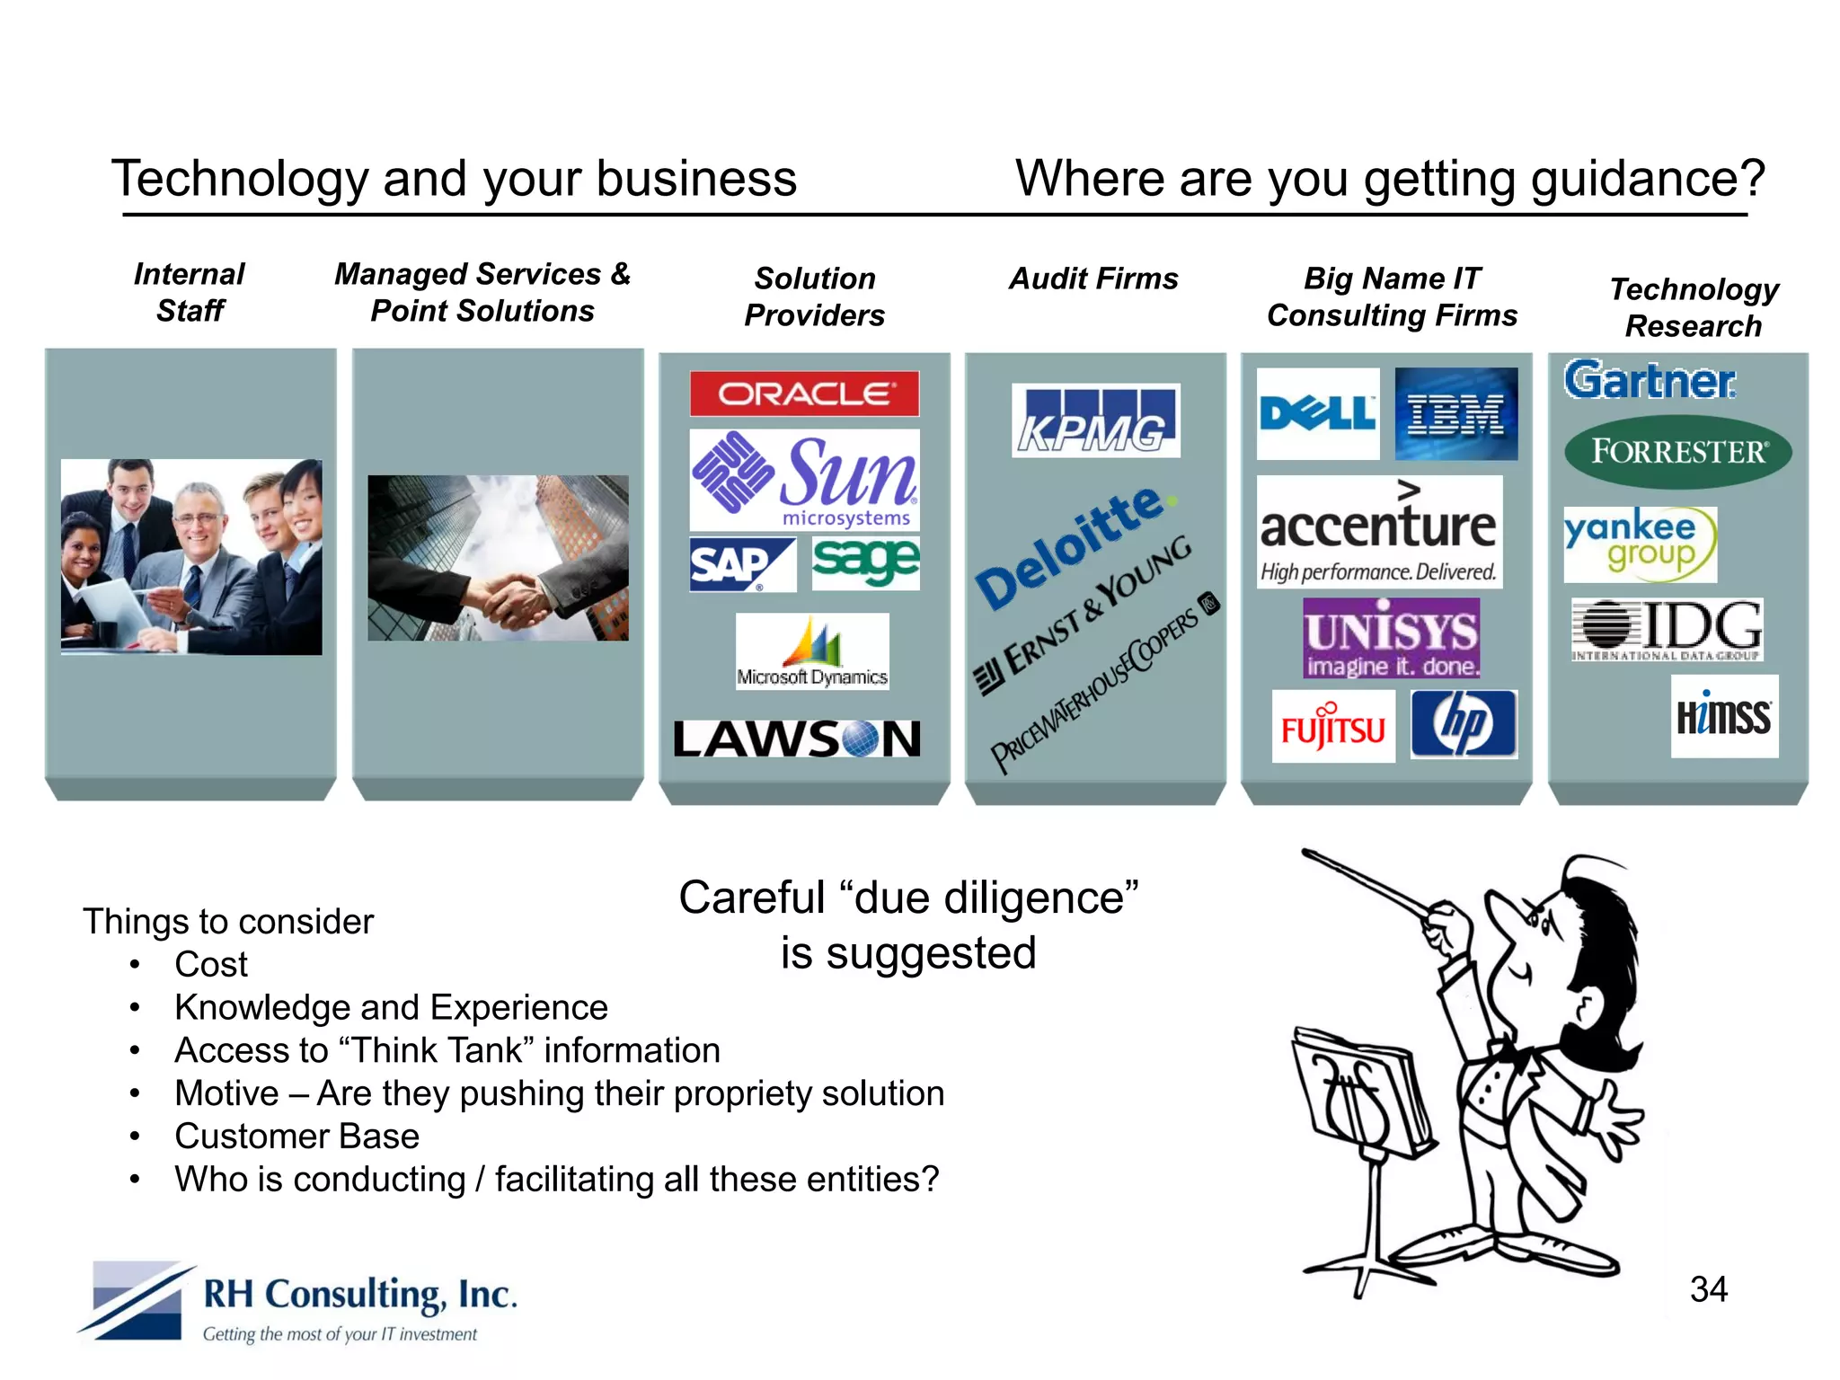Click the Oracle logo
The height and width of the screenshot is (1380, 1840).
coord(804,394)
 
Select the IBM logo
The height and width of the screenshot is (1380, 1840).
coord(1455,414)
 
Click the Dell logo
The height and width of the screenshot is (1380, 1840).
coord(1317,414)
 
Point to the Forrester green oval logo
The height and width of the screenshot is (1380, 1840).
coord(1677,451)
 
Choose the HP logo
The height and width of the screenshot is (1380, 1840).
coord(1464,724)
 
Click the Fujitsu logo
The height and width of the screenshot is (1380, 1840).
coord(1333,727)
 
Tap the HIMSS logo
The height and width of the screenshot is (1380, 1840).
coord(1723,717)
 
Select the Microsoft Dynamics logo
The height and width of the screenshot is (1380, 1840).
coord(812,652)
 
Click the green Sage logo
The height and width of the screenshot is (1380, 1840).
coord(865,563)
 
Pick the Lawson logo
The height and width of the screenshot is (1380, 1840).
coord(798,739)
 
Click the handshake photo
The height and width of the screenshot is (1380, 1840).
coord(498,558)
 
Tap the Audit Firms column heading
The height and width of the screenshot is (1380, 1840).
coord(1093,279)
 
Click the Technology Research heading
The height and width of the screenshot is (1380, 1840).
coord(1694,307)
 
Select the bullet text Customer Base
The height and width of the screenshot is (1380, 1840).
coord(296,1137)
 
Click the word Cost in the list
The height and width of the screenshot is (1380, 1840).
coord(211,965)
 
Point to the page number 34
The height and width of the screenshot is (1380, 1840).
coord(1708,1290)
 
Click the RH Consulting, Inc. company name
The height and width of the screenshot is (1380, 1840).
coord(360,1295)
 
